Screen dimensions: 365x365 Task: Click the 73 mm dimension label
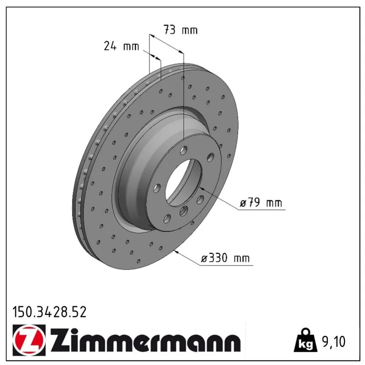pyautogui.click(x=180, y=30)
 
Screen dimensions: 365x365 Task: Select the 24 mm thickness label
pyautogui.click(x=121, y=46)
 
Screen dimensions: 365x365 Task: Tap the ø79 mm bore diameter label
pyautogui.click(x=261, y=203)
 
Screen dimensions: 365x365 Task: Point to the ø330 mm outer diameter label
pyautogui.click(x=225, y=258)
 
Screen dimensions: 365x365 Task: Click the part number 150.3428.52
pyautogui.click(x=49, y=312)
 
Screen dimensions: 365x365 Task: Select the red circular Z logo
pyautogui.click(x=29, y=339)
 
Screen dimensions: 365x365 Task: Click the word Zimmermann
pyautogui.click(x=145, y=339)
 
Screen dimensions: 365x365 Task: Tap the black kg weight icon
pyautogui.click(x=305, y=340)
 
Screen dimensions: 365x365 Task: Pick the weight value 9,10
pyautogui.click(x=334, y=342)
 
